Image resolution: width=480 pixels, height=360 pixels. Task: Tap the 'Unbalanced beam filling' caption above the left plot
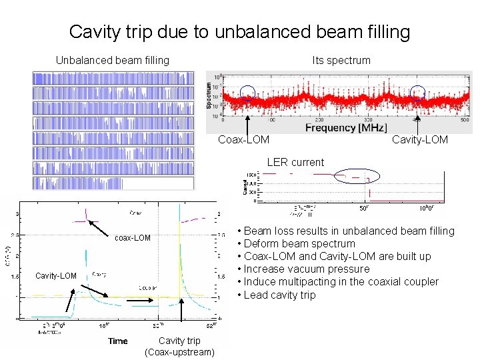(x=112, y=60)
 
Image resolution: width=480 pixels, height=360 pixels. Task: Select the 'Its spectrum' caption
(x=341, y=60)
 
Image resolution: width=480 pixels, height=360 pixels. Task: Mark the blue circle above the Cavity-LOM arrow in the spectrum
(x=417, y=94)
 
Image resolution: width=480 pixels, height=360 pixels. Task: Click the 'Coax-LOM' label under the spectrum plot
(x=244, y=139)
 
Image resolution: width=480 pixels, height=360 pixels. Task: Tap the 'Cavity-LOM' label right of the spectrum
(x=420, y=139)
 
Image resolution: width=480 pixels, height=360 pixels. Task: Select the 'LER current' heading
(x=295, y=162)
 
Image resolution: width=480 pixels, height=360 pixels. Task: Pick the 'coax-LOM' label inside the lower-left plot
(x=133, y=238)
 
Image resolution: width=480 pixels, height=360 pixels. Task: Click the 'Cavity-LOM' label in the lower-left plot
(x=56, y=275)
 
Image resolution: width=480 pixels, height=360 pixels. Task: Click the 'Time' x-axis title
(x=118, y=341)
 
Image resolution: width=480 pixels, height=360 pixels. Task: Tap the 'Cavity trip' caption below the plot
(x=179, y=341)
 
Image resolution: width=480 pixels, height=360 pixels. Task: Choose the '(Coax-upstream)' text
(x=179, y=351)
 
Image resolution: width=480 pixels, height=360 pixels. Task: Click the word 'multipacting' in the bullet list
(x=303, y=281)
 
